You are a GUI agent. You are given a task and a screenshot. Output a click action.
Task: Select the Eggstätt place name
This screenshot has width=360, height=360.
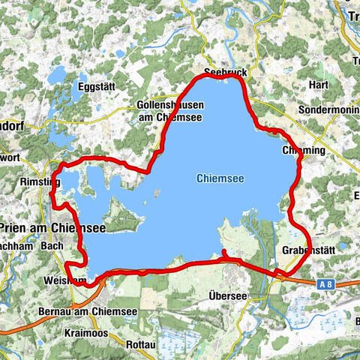[x=96, y=87]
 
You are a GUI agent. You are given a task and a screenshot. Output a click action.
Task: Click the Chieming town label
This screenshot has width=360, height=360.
[x=304, y=150]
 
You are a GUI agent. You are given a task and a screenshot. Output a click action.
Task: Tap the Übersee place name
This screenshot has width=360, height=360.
[x=228, y=295]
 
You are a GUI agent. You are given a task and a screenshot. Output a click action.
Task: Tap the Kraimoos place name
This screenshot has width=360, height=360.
[x=88, y=331]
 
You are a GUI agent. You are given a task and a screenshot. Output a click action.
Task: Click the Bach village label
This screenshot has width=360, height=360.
[x=52, y=245]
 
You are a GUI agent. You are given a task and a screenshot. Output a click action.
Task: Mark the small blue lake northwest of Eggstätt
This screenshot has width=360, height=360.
[x=57, y=74]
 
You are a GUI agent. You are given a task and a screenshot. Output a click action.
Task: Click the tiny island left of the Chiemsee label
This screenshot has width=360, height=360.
[x=156, y=193]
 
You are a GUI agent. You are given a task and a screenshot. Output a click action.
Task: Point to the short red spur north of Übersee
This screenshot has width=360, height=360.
[x=225, y=254]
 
